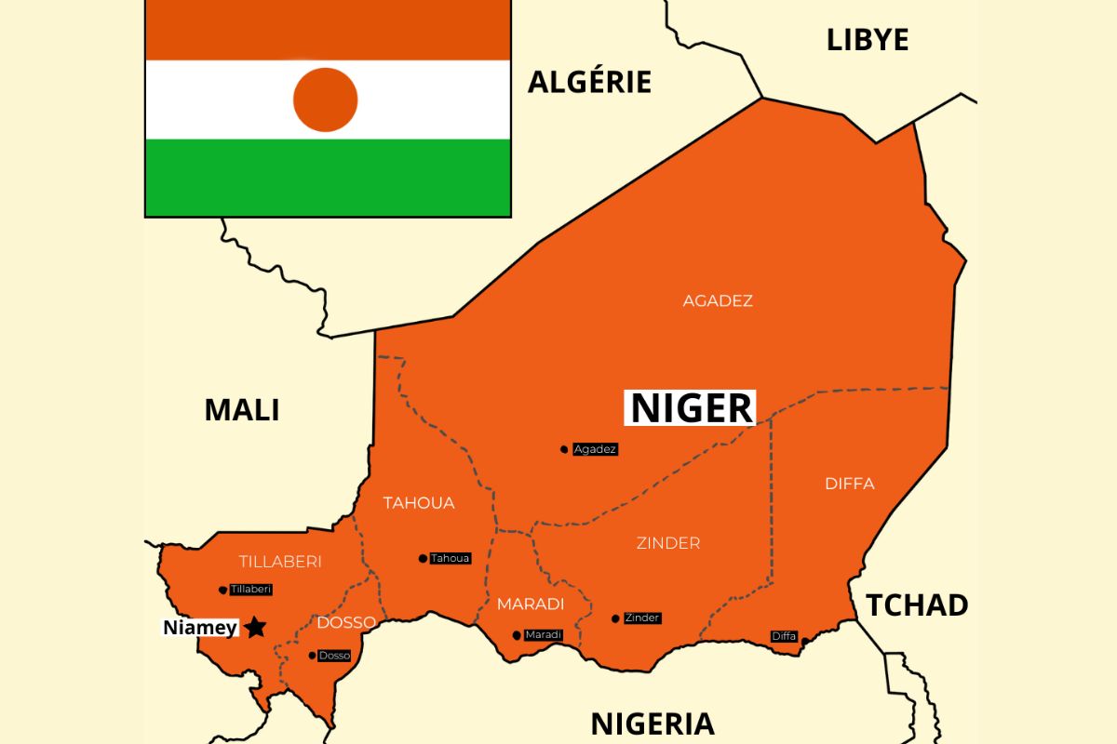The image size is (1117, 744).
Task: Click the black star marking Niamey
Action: [255, 628]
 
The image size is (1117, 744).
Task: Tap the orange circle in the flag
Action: [326, 100]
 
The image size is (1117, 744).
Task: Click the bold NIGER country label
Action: [691, 408]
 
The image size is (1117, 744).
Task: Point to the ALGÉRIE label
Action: [589, 82]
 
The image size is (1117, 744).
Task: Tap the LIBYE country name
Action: [868, 40]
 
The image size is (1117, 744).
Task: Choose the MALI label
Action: [242, 409]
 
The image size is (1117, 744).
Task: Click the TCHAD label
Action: [917, 605]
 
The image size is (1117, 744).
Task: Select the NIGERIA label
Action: [653, 723]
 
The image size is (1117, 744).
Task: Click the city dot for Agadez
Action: [564, 449]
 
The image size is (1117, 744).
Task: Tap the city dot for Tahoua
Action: [423, 559]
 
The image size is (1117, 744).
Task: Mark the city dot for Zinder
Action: [615, 618]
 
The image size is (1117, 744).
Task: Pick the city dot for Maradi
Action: [517, 636]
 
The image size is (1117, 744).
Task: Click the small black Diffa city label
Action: [784, 636]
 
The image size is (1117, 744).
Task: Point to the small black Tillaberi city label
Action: [250, 590]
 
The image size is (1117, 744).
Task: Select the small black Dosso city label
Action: [334, 656]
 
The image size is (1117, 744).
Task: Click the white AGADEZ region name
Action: [718, 301]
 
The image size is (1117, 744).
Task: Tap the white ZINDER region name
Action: [668, 543]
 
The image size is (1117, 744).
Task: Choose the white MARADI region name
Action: [531, 604]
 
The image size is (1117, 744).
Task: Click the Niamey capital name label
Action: [200, 628]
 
